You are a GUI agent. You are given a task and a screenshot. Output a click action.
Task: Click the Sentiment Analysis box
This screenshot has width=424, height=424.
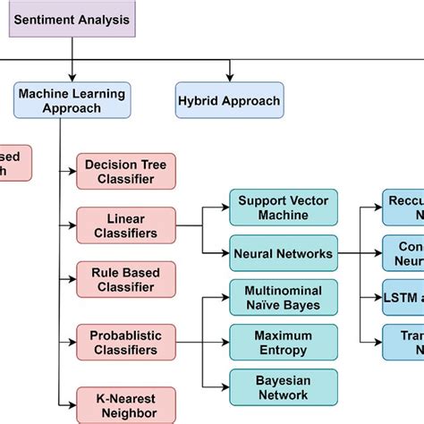pyautogui.click(x=72, y=19)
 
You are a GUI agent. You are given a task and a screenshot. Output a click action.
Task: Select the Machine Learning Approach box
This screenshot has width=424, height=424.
pyautogui.click(x=72, y=101)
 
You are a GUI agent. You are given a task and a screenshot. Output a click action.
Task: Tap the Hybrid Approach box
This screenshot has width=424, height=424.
pyautogui.click(x=228, y=101)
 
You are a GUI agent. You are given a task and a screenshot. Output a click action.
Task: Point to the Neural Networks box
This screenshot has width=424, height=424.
pyautogui.click(x=284, y=253)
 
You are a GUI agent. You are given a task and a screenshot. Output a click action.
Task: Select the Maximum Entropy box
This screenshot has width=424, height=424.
pyautogui.click(x=284, y=342)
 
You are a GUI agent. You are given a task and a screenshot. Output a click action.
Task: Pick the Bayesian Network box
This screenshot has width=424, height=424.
pyautogui.click(x=284, y=386)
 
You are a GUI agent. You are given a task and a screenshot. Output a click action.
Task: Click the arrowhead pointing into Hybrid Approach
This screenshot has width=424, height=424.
pyautogui.click(x=229, y=78)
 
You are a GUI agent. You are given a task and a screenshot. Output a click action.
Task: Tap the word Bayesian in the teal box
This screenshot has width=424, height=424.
pyautogui.click(x=284, y=379)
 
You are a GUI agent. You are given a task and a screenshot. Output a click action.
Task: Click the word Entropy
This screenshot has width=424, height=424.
pyautogui.click(x=284, y=350)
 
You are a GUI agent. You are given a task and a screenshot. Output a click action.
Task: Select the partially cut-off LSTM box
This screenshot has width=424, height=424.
pyautogui.click(x=403, y=297)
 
